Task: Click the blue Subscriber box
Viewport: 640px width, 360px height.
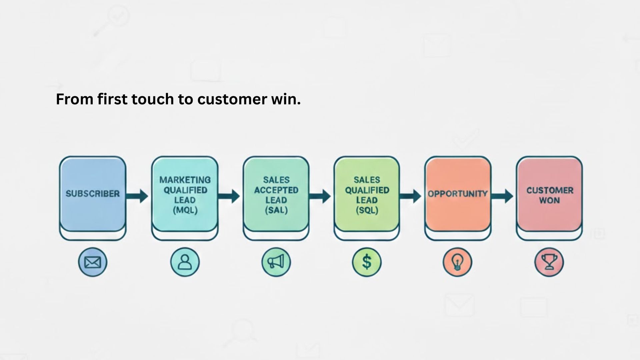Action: click(x=93, y=194)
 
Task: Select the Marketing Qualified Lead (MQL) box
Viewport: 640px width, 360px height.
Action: click(x=185, y=194)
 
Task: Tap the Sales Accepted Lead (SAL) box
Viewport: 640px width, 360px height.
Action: click(x=276, y=194)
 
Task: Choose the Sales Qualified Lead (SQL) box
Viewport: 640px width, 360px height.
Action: click(x=367, y=194)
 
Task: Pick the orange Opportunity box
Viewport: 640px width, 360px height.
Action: click(x=458, y=194)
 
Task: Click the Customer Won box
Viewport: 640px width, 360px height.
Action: click(x=549, y=194)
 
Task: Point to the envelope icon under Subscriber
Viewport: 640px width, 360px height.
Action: click(x=93, y=262)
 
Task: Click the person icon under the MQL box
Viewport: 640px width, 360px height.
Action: click(x=185, y=262)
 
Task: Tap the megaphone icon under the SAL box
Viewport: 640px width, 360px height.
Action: click(x=276, y=262)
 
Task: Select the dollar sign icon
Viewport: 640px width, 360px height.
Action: click(x=367, y=262)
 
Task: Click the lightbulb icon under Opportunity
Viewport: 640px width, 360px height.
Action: click(x=457, y=262)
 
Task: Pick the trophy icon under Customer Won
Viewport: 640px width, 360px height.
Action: click(x=549, y=262)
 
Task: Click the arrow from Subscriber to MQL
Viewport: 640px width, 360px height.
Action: click(x=137, y=196)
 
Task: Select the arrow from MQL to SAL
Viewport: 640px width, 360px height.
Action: click(x=229, y=196)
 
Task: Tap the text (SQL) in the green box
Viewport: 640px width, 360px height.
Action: click(x=367, y=211)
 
